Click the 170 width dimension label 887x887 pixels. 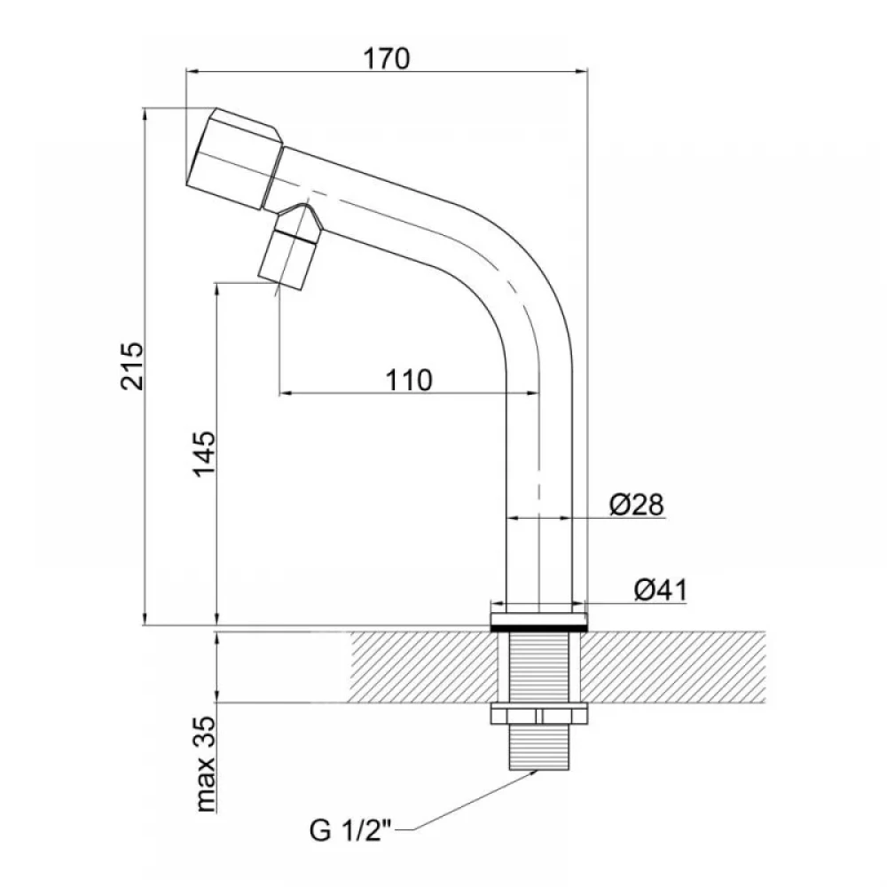coord(387,59)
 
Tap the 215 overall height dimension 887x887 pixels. coord(132,365)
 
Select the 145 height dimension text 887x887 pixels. coord(205,453)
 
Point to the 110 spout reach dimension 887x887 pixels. coord(409,381)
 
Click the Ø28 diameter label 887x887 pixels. coord(636,505)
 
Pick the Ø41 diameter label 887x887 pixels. coord(660,591)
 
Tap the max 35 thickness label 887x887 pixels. coord(205,764)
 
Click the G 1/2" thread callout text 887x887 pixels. coord(350,831)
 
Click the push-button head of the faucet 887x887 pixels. coord(232,159)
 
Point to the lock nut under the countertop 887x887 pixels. coord(538,714)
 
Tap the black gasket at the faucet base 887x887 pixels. coord(538,628)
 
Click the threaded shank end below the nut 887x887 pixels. coord(538,747)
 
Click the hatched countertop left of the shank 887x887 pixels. coord(424,668)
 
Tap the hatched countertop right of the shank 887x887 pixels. coord(673,668)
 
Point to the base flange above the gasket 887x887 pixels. coord(538,617)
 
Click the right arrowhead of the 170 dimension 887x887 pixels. coord(582,71)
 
